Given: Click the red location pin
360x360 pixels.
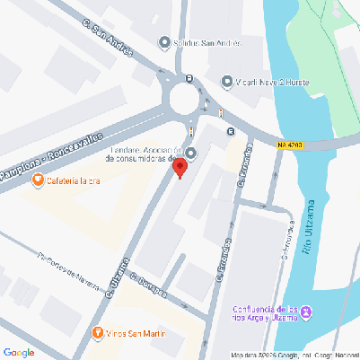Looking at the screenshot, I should pos(180,167).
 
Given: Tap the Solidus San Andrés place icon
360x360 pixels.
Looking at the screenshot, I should pos(163,42).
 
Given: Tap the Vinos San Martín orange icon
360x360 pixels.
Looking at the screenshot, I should pos(98,335).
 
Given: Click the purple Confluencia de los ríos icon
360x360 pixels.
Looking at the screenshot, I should pos(307,312).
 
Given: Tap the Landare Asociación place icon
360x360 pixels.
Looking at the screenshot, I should pos(190,150).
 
